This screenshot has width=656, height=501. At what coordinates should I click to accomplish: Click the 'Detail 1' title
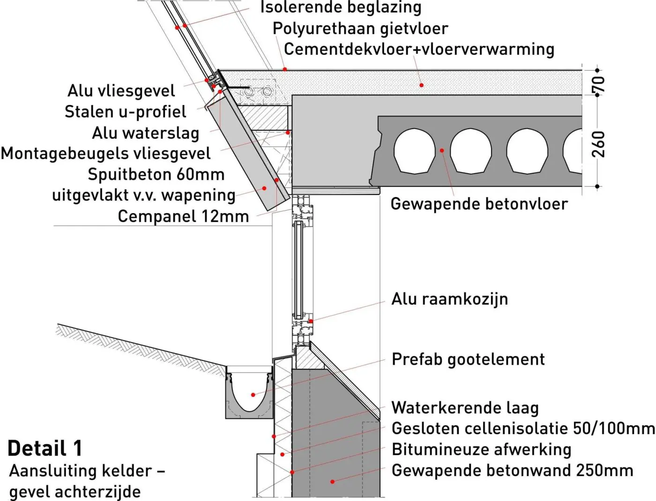coord(45,449)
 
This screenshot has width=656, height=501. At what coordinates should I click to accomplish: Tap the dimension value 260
coord(598,144)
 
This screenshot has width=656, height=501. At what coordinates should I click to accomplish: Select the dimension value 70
coord(598,84)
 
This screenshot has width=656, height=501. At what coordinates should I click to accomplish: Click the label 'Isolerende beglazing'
coord(341,7)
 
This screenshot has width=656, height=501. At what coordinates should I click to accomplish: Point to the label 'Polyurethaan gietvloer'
coord(360,29)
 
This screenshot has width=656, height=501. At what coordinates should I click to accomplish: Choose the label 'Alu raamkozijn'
coord(449,299)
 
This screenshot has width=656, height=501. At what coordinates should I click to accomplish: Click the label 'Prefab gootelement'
coord(468,359)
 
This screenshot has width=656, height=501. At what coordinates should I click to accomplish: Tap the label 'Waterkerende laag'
coord(465,408)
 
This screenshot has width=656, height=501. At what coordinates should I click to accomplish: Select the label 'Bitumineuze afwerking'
coord(481,449)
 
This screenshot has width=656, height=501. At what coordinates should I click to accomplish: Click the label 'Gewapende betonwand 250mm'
coord(512,471)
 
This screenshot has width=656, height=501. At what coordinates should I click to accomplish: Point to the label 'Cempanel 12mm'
coord(183,216)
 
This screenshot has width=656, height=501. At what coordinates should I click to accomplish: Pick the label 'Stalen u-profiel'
coord(126,112)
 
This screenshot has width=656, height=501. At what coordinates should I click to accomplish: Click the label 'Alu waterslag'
coord(146,133)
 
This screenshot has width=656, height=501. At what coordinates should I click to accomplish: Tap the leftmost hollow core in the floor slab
coord(414,151)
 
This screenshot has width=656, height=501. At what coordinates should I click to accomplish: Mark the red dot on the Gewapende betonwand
coord(332,482)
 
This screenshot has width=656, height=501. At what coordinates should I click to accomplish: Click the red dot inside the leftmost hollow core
coord(442,150)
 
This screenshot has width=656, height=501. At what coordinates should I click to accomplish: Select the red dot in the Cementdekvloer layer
coord(421,85)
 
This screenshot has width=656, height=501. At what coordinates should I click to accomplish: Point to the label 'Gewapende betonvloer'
coord(479,204)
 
